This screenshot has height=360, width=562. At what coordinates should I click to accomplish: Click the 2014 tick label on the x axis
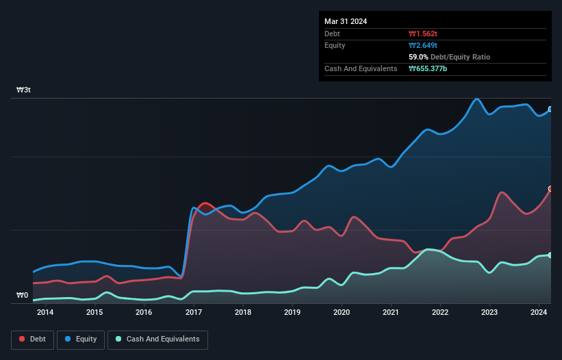pyautogui.click(x=45, y=313)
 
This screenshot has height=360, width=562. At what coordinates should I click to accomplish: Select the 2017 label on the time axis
pyautogui.click(x=193, y=313)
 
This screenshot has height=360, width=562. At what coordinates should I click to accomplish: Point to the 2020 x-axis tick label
pyautogui.click(x=342, y=313)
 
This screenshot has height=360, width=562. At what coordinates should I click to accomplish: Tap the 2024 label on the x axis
pyautogui.click(x=539, y=313)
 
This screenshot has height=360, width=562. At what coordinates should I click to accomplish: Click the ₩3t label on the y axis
pyautogui.click(x=23, y=90)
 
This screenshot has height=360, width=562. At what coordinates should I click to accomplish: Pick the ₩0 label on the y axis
pyautogui.click(x=23, y=296)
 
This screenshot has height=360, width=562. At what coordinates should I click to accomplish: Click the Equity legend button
pyautogui.click(x=81, y=339)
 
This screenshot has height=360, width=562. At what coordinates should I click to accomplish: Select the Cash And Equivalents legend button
pyautogui.click(x=157, y=339)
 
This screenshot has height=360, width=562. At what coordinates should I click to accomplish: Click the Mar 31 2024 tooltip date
pyautogui.click(x=346, y=21)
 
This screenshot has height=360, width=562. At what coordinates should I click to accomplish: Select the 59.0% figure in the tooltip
pyautogui.click(x=420, y=57)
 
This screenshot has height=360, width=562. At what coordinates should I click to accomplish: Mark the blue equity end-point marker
pyautogui.click(x=550, y=109)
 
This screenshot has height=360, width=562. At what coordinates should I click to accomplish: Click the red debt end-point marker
pyautogui.click(x=550, y=188)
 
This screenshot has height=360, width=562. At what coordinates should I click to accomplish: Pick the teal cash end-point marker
pyautogui.click(x=550, y=255)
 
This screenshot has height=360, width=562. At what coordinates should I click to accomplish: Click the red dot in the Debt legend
pyautogui.click(x=22, y=339)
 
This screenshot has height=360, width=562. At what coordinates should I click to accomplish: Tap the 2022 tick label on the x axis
pyautogui.click(x=440, y=313)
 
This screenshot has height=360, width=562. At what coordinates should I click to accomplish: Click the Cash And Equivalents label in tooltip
pyautogui.click(x=361, y=68)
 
